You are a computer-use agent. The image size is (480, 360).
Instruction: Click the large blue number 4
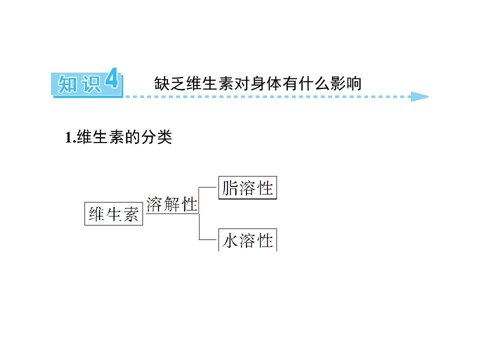[111, 78]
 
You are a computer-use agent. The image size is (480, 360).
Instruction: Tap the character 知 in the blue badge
[67, 84]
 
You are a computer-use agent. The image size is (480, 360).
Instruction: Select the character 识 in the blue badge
[91, 84]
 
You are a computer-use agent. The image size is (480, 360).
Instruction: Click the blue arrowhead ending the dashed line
[420, 96]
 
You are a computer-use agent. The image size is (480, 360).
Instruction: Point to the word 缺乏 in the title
[170, 83]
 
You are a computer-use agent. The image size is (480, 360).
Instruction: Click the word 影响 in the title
[346, 83]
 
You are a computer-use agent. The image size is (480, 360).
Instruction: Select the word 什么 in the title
[314, 83]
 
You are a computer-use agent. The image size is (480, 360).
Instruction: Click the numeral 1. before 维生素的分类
[70, 137]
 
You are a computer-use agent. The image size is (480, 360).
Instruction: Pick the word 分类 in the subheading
[156, 137]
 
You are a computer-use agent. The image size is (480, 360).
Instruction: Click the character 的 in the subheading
[132, 137]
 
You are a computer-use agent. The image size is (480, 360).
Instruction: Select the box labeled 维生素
[113, 213]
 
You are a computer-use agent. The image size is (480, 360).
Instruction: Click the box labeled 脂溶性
[247, 187]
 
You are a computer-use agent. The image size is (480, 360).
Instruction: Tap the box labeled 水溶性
[247, 240]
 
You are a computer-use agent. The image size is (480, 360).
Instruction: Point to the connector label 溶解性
[171, 204]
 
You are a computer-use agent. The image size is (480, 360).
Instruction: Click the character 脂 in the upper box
[230, 188]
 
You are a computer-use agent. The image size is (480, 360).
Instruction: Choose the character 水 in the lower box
[230, 240]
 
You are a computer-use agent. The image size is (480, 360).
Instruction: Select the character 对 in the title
[242, 83]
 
